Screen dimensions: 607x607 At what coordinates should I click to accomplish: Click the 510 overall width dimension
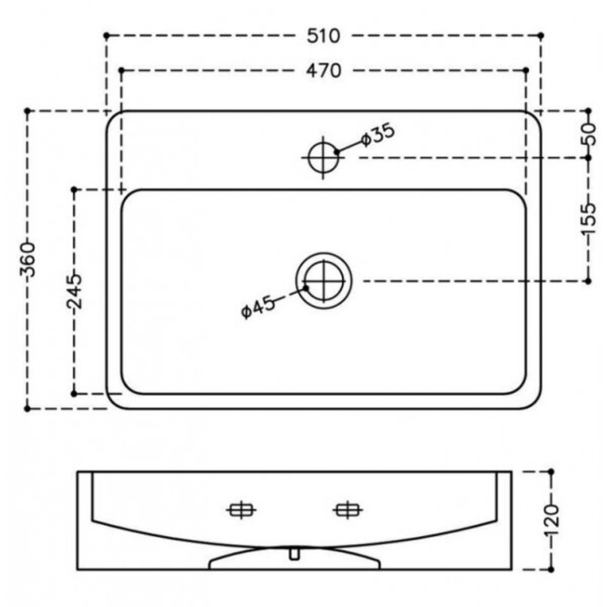coord(323,36)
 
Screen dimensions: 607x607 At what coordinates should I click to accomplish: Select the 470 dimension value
coord(324,71)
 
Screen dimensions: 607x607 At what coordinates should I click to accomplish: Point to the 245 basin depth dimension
coord(74,291)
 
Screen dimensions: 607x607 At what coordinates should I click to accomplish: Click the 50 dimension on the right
coord(588,134)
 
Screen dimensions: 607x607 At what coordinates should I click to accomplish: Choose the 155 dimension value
coord(588,219)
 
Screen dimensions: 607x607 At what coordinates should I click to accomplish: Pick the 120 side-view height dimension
coord(551,519)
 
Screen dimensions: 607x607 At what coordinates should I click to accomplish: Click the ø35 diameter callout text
coord(378,134)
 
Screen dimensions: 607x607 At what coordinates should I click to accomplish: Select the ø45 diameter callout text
coord(258,307)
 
